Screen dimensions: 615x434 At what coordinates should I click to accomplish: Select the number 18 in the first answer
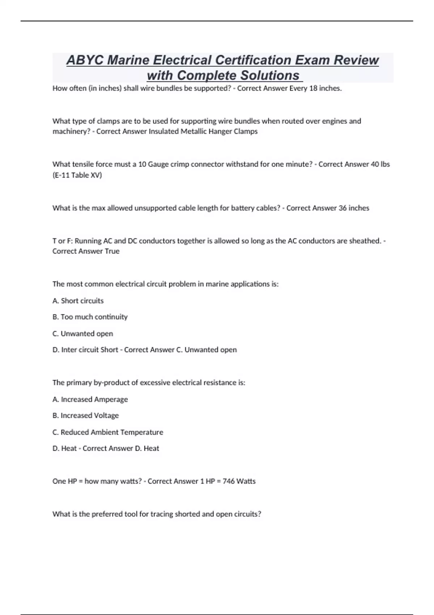[x=313, y=88]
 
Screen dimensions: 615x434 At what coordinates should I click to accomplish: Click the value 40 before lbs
[x=375, y=164]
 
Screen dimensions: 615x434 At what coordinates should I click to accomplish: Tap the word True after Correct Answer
[x=112, y=251]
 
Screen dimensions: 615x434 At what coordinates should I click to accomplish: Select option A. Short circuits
[x=78, y=301]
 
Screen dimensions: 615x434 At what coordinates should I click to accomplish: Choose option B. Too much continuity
[x=90, y=317]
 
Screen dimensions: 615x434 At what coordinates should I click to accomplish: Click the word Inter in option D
[x=69, y=350]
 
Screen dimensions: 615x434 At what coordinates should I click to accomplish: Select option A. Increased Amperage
[x=90, y=399]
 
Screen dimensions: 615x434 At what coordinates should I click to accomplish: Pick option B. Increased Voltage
[x=86, y=415]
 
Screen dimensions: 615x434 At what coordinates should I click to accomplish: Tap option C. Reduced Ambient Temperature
[x=108, y=432]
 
